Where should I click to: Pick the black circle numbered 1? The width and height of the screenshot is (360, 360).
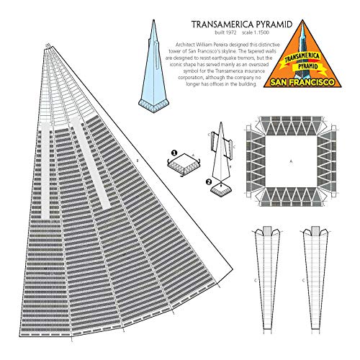(x=174, y=152)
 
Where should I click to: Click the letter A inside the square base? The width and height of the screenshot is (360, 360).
(x=291, y=162)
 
